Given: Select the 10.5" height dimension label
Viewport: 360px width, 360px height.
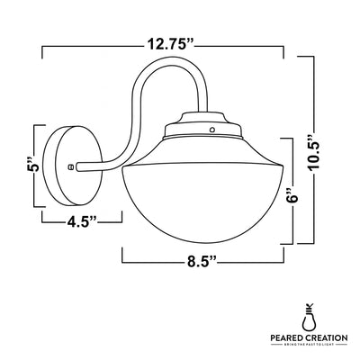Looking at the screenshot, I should [313, 146].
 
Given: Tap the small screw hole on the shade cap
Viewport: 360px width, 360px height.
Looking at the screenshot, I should [211, 130].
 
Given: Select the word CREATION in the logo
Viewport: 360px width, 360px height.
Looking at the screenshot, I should [329, 337].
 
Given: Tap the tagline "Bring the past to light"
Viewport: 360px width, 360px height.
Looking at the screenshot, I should [310, 346].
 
